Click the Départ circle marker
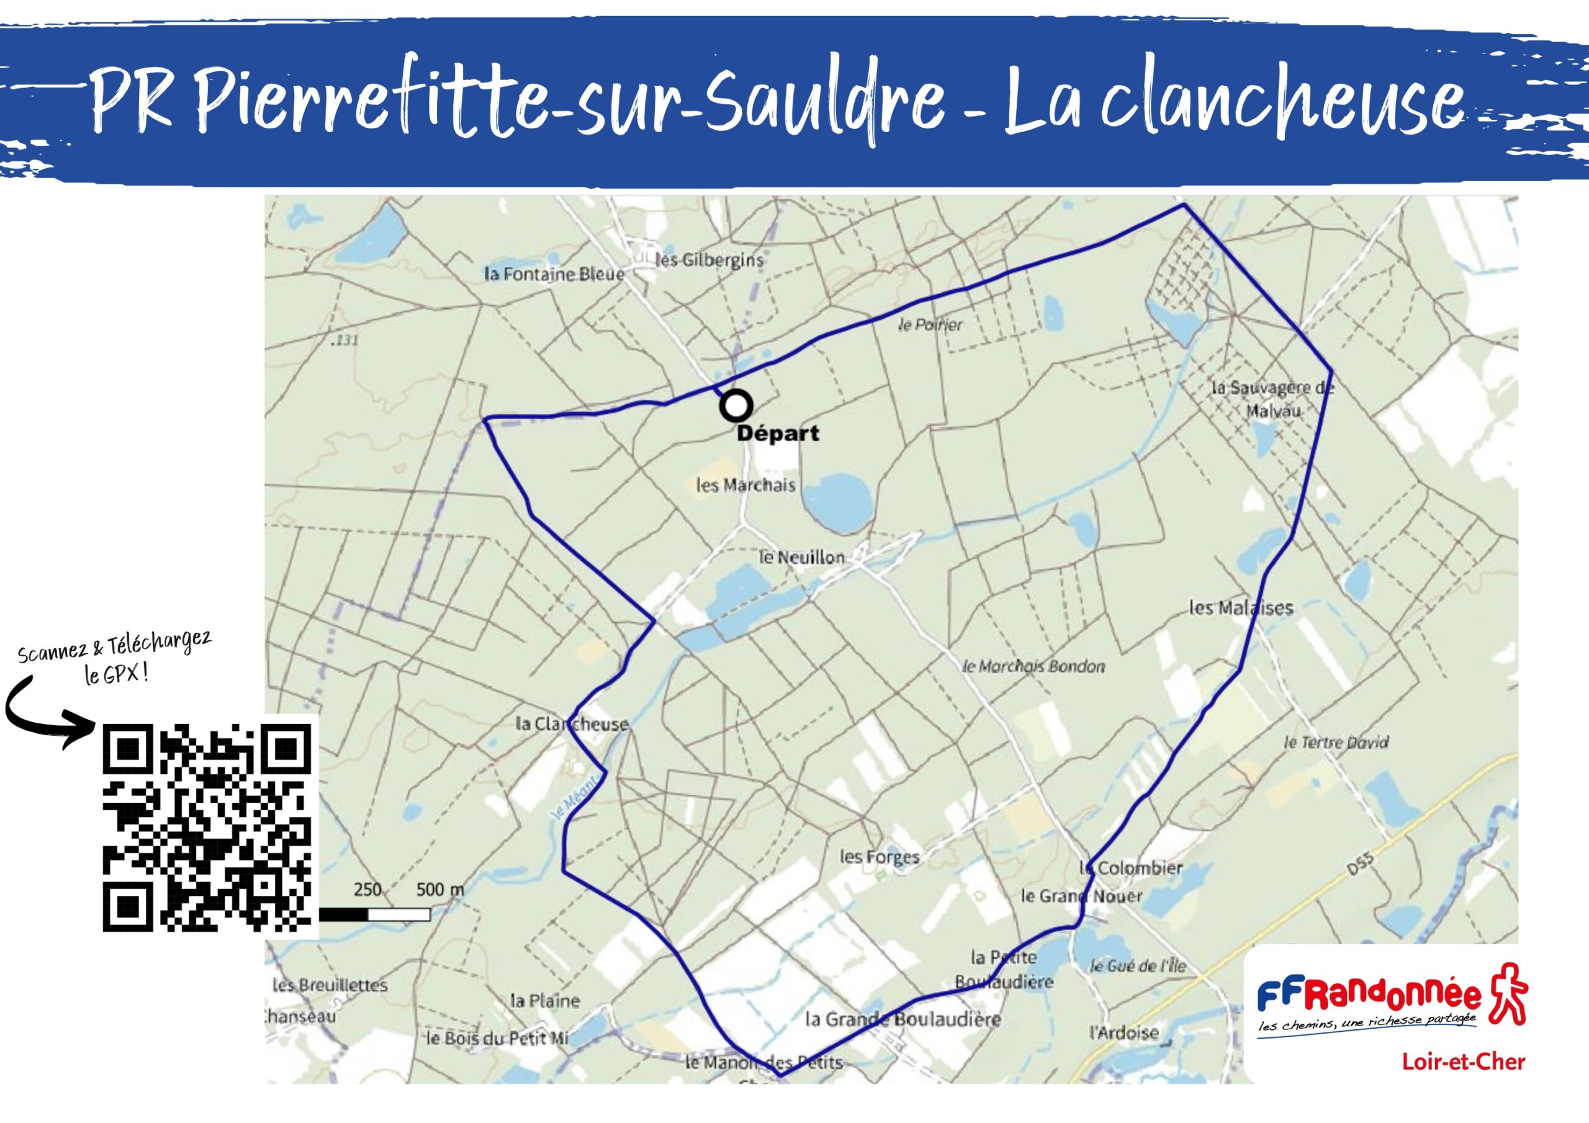tap(736, 406)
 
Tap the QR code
tap(207, 828)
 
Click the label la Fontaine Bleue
tap(554, 275)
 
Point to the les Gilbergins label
tap(709, 260)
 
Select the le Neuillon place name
tap(802, 557)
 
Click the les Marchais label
tap(745, 485)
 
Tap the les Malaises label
tap(1241, 608)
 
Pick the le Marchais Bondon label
tap(1034, 666)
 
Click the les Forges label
tap(879, 857)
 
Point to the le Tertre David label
tap(1336, 743)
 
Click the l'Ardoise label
tap(1123, 1033)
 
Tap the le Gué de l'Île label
tap(1138, 966)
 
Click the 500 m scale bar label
tap(439, 889)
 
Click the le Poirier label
tap(929, 324)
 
